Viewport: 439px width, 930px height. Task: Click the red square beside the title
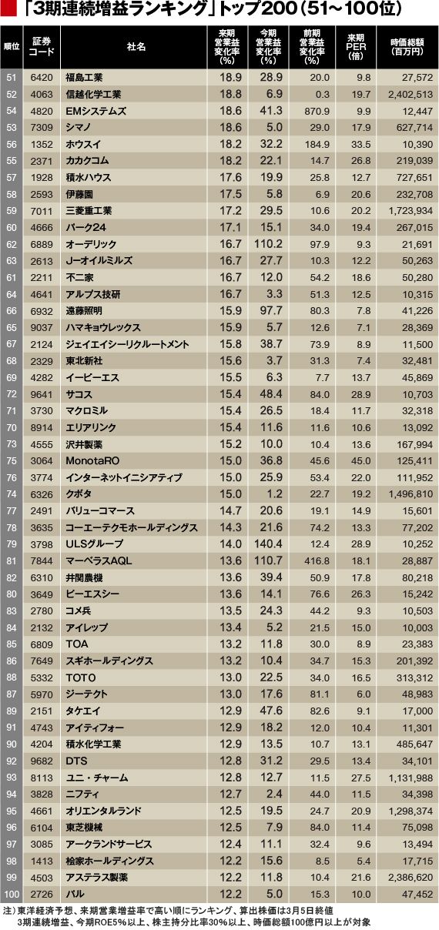pos(8,8)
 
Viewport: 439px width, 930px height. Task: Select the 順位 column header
pos(12,46)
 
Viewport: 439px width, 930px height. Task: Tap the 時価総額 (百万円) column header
pos(407,46)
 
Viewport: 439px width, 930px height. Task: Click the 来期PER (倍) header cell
pos(356,46)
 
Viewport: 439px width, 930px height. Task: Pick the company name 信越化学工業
pos(93,94)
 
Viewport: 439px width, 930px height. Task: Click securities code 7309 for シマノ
pos(42,128)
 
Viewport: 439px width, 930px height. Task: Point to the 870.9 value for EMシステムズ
pos(317,111)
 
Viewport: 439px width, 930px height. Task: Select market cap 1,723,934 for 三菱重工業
pos(411,210)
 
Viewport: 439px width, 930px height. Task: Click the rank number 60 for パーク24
pos(12,228)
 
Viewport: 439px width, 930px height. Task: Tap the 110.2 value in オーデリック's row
pos(268,244)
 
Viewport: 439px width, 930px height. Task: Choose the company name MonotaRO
pos(92,461)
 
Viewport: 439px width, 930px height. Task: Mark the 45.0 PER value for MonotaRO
pos(361,461)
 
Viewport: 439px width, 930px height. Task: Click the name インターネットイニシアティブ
pos(124,477)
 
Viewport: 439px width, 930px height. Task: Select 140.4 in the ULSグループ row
pos(268,544)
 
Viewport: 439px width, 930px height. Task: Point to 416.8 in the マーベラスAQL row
pos(317,561)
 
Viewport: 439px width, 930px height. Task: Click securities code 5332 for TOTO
pos(42,677)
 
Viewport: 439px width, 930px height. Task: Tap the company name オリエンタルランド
pos(104,811)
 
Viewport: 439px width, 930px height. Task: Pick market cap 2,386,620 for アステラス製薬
pos(411,878)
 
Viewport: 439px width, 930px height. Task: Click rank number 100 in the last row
pos(12,895)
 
